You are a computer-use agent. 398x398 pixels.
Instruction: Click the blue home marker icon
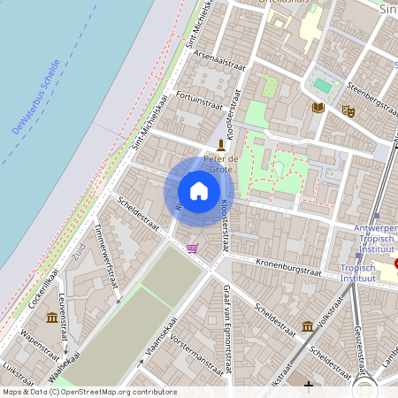[199, 190]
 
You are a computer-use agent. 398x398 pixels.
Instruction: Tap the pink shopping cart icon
[192, 249]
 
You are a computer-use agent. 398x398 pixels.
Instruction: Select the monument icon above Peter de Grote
[221, 144]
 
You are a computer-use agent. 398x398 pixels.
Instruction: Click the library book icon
[318, 108]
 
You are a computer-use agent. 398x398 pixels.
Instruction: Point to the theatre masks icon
[348, 111]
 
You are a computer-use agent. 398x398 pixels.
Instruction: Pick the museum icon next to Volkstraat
[307, 326]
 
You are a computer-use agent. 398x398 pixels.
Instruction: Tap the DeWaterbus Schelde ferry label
[36, 97]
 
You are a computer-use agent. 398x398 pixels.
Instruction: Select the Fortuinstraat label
[198, 103]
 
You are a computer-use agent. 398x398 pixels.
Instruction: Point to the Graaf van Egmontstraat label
[227, 313]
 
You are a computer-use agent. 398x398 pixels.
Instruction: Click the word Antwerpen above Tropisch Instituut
[375, 228]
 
